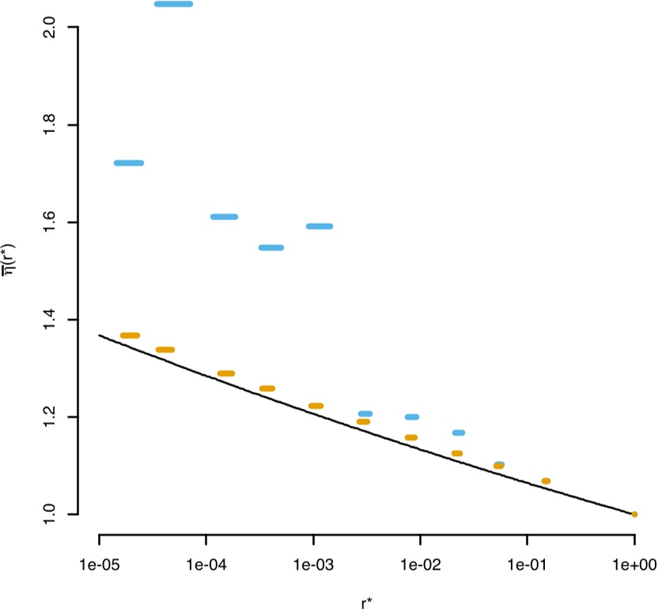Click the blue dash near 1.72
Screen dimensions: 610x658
point(129,163)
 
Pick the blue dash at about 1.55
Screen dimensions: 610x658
point(271,248)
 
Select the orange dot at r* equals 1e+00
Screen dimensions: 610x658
point(634,514)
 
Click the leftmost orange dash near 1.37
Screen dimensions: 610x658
point(130,335)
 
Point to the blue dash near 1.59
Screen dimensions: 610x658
point(320,226)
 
